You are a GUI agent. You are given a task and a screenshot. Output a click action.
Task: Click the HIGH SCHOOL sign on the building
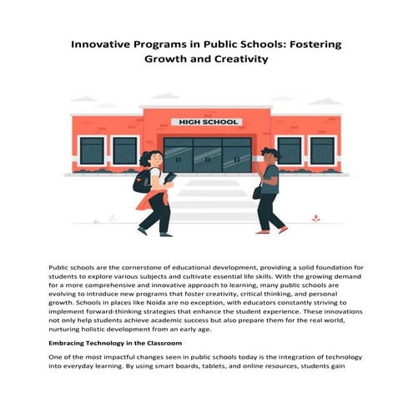tap(205, 122)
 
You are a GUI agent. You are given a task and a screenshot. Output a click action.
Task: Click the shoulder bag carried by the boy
tap(258, 192)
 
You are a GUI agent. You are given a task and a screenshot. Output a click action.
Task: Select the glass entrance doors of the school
tap(207, 154)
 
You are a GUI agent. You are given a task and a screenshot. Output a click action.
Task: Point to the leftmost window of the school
tap(92, 151)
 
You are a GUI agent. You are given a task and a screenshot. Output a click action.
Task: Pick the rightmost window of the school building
tap(321, 151)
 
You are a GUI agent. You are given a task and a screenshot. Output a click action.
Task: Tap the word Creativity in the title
tap(243, 59)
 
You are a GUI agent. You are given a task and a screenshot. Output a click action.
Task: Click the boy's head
tap(268, 155)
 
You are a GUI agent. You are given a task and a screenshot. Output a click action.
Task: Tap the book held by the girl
tap(170, 178)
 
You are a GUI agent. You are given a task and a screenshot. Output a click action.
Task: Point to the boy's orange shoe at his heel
tap(283, 229)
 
